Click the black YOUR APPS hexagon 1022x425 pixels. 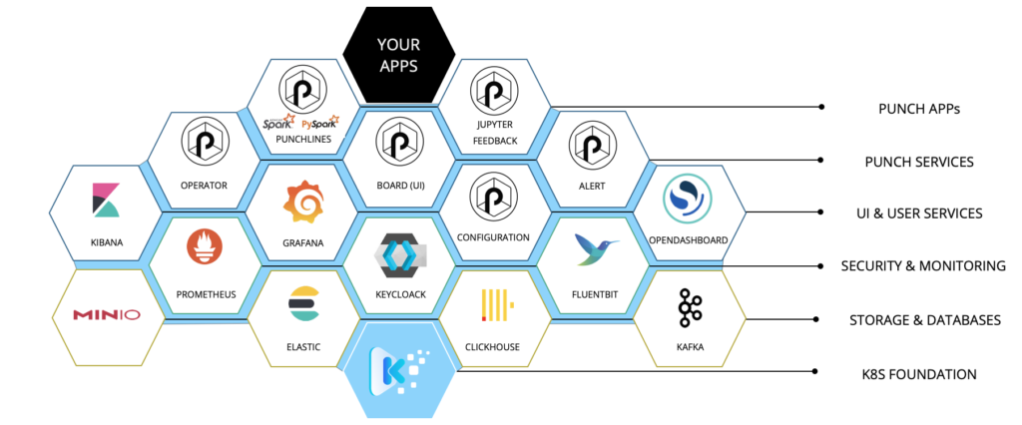[399, 55]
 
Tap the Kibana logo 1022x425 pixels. [106, 201]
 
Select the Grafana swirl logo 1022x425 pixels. [303, 204]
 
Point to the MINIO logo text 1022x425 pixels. [106, 315]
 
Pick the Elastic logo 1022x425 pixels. [303, 303]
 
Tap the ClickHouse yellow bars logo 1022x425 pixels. [497, 305]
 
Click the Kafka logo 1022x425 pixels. [691, 307]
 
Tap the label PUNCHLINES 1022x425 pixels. [303, 139]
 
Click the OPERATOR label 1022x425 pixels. [204, 186]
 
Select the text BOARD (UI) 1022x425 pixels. [400, 185]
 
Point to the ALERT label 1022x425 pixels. [592, 186]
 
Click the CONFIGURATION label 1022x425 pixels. [493, 237]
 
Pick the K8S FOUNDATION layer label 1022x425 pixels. [919, 374]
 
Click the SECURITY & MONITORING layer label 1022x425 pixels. [923, 266]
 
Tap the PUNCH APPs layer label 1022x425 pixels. [919, 109]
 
